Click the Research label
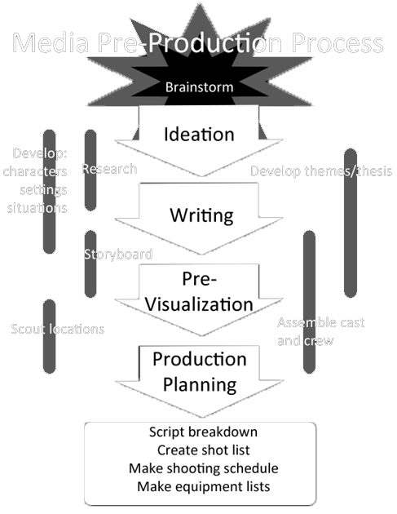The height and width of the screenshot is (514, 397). pyautogui.click(x=109, y=170)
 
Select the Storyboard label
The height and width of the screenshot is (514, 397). pyautogui.click(x=118, y=254)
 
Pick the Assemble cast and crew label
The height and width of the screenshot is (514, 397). pyautogui.click(x=320, y=331)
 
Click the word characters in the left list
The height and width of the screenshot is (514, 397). pyautogui.click(x=35, y=171)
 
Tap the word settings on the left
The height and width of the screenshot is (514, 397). pyautogui.click(x=43, y=189)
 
